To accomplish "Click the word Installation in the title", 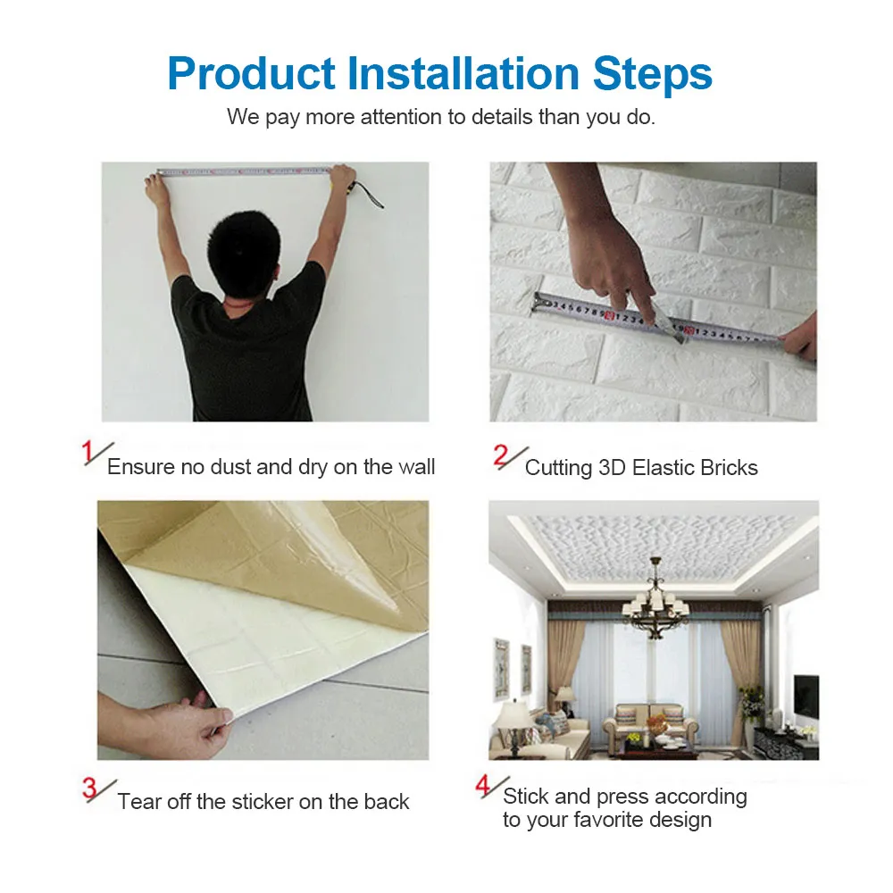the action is pyautogui.click(x=463, y=73).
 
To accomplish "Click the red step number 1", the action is pyautogui.click(x=88, y=452).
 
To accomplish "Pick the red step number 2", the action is pyautogui.click(x=501, y=455).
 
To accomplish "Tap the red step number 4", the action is pyautogui.click(x=483, y=785).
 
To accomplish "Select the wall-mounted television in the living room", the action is pyautogui.click(x=806, y=694).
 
